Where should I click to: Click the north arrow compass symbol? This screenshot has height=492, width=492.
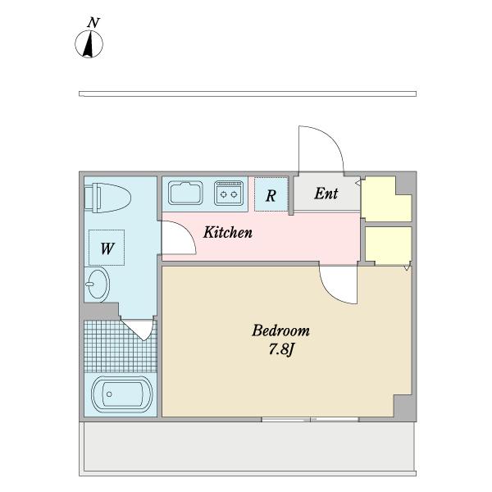[89, 44]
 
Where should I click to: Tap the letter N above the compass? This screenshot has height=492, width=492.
[93, 23]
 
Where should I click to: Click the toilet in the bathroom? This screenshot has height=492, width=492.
[107, 198]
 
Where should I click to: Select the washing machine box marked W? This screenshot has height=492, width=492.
[107, 248]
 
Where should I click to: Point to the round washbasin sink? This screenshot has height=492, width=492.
[98, 285]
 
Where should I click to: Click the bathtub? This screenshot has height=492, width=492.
[121, 394]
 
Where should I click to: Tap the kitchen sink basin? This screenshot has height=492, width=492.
[185, 193]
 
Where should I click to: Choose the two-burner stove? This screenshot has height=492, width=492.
[229, 193]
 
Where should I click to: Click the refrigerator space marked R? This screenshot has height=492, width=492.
[271, 194]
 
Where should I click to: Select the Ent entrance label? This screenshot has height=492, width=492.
[326, 194]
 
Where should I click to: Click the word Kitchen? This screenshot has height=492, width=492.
[228, 232]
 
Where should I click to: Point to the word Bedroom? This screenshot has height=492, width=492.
[280, 330]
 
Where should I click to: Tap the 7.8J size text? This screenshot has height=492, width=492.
[281, 349]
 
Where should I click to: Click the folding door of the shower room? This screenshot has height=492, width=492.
[139, 330]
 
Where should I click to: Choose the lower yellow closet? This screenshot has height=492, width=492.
[389, 244]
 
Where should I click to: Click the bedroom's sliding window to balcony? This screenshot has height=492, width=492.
[310, 420]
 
